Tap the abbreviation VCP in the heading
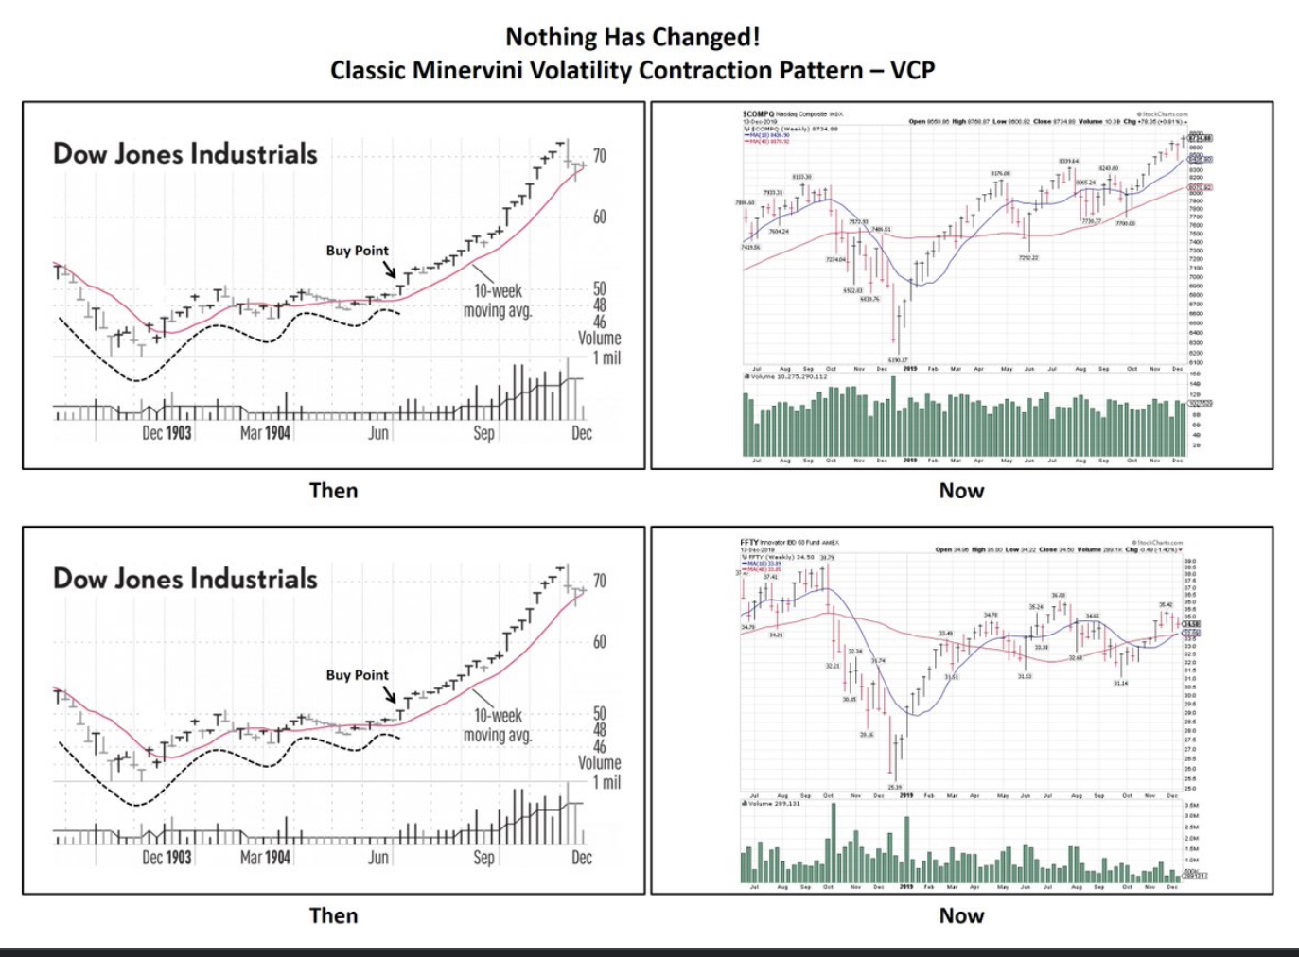coord(912,70)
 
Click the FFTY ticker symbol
coord(749,542)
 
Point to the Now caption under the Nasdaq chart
coord(961,490)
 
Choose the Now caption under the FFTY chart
coord(961,914)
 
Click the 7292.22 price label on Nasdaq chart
coord(1028,257)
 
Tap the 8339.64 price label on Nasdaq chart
coord(1068,162)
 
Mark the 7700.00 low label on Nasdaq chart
coord(1125,223)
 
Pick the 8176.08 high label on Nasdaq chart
coord(1001,173)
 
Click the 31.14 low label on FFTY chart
coord(1120,683)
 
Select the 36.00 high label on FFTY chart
coord(1057,595)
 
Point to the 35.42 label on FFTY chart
coord(1165,604)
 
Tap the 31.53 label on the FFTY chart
coord(1025,676)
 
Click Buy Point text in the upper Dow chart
coord(357,251)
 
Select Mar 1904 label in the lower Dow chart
coord(265,858)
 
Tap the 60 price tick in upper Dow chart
coord(600,217)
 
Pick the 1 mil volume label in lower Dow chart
coord(606,782)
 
